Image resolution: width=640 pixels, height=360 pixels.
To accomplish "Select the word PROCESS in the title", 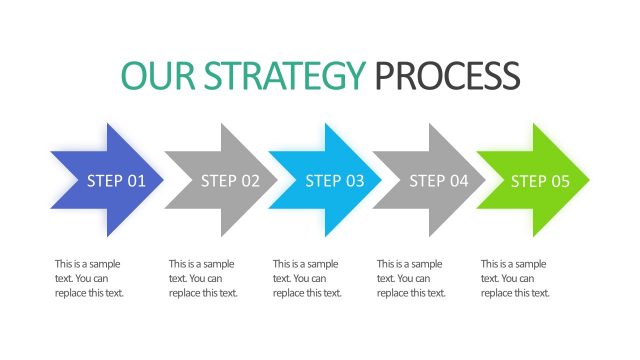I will [x=447, y=76].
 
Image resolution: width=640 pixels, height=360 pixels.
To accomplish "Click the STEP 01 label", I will [x=116, y=181].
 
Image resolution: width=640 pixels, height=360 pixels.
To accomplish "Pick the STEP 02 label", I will [x=230, y=181].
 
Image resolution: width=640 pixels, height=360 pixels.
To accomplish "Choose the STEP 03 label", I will [x=335, y=181].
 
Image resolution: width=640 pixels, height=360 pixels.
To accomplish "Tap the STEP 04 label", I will [x=439, y=181].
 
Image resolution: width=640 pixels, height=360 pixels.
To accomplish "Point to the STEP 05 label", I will [x=541, y=181].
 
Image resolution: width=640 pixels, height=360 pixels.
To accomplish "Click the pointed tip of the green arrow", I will [x=588, y=180].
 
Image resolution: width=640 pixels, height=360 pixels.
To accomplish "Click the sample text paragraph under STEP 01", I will [x=90, y=278].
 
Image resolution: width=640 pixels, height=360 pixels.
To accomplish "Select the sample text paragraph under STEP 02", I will [x=204, y=278].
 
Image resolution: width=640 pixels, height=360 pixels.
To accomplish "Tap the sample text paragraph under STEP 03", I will [x=308, y=278].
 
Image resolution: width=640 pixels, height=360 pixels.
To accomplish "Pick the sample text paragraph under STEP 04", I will [x=412, y=278].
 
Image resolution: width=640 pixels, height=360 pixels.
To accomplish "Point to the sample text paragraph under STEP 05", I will [x=516, y=278].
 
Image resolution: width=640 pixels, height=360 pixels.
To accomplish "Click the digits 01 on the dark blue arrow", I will [x=137, y=181].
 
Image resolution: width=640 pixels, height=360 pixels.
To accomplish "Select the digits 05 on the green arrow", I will [x=561, y=181].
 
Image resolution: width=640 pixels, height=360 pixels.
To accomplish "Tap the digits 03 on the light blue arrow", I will [x=355, y=181].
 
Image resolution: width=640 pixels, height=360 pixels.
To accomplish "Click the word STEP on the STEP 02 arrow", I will [x=218, y=181].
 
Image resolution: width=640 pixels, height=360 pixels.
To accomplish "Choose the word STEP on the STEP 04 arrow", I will [x=427, y=181].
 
